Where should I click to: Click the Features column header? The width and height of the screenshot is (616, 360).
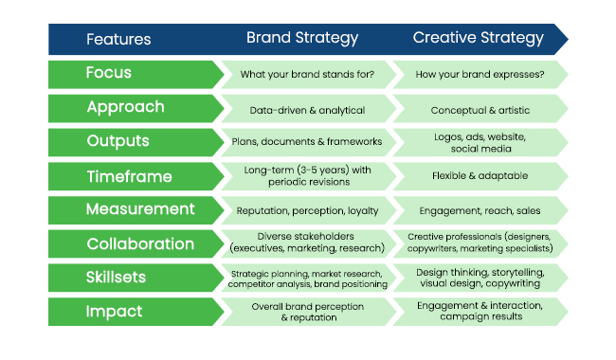click(118, 39)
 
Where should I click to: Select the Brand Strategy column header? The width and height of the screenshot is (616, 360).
click(302, 39)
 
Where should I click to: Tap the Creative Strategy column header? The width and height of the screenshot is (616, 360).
click(478, 39)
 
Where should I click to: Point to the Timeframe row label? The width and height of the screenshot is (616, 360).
click(129, 176)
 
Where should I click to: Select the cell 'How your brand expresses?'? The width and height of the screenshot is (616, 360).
click(479, 74)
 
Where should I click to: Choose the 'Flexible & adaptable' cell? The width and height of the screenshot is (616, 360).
click(479, 176)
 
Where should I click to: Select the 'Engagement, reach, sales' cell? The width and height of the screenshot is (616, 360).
click(479, 210)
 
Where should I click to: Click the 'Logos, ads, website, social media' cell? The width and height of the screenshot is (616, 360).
click(479, 142)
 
